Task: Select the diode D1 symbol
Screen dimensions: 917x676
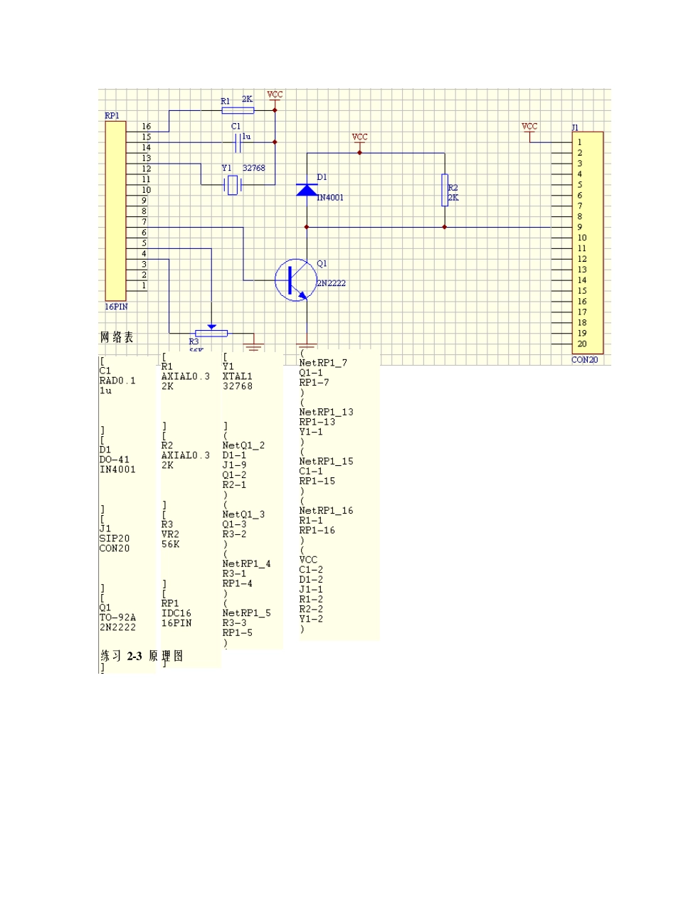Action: [307, 190]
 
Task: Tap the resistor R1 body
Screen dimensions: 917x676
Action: [236, 110]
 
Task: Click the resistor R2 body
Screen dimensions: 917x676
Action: [445, 190]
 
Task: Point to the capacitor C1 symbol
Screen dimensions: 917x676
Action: [239, 142]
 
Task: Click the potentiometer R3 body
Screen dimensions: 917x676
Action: [211, 333]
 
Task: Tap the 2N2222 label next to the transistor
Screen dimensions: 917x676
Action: [332, 283]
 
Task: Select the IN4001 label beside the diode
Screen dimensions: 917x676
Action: [330, 198]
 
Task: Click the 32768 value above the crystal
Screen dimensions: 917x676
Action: [253, 168]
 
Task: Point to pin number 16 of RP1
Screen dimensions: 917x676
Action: [146, 127]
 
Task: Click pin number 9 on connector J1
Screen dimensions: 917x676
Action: [580, 228]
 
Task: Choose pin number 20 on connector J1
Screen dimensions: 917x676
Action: [582, 344]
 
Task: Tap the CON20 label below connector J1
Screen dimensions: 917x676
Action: [585, 360]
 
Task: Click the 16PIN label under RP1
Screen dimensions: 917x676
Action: [117, 307]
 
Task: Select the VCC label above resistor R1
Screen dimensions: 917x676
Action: [275, 95]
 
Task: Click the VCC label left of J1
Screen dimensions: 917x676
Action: [529, 127]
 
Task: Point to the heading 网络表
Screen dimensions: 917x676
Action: [117, 337]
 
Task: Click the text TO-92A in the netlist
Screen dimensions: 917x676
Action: [117, 617]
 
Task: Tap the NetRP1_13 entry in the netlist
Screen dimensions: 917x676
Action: [326, 412]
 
